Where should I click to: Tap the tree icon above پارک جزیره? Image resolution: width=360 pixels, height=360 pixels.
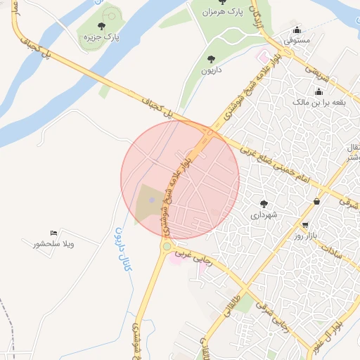point(102,26)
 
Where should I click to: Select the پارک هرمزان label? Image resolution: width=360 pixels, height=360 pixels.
point(217,13)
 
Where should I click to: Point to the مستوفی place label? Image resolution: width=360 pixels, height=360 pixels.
point(297,42)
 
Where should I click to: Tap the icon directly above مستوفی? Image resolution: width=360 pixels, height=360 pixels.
point(297,31)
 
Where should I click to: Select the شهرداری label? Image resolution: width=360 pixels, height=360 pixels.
point(264,214)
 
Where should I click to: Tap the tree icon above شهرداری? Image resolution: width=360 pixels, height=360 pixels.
point(264,203)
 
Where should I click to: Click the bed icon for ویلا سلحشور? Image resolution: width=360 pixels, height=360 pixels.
point(54,233)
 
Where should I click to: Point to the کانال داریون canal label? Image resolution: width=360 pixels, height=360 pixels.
point(122,247)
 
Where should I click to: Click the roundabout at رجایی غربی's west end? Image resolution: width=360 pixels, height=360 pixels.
point(167,247)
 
